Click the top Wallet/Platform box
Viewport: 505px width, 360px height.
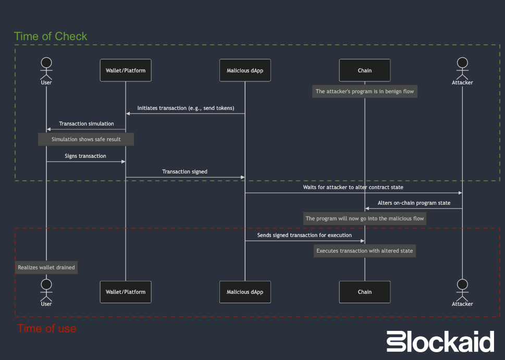click(125, 70)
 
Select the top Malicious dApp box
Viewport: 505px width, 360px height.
click(245, 70)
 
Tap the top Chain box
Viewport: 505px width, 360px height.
click(365, 70)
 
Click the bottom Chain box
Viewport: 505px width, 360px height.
click(365, 292)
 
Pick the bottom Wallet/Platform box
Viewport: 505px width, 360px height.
click(125, 292)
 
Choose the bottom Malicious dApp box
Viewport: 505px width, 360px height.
click(245, 292)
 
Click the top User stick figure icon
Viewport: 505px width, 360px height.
click(46, 68)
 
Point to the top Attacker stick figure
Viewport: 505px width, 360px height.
click(462, 68)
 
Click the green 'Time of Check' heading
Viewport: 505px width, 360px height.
click(51, 36)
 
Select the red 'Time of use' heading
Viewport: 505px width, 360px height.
click(47, 329)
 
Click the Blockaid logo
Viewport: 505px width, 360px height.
click(440, 342)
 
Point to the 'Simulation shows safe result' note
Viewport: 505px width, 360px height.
click(86, 140)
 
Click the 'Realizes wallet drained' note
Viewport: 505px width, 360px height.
click(46, 267)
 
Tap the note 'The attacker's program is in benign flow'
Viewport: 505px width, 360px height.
click(365, 91)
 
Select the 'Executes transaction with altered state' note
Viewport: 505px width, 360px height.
click(365, 251)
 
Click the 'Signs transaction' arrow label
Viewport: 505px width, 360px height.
click(85, 156)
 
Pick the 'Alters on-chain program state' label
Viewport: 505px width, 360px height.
click(414, 203)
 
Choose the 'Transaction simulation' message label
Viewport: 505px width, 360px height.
click(87, 123)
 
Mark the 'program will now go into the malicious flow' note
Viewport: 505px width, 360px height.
click(365, 219)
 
